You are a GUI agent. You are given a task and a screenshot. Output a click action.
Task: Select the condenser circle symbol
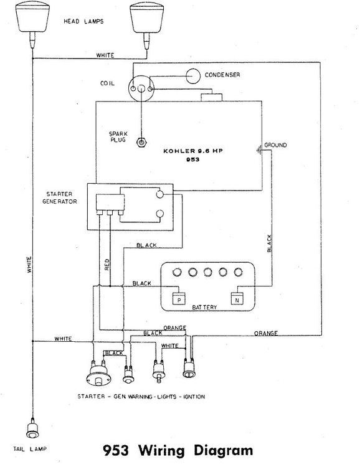tap(195, 75)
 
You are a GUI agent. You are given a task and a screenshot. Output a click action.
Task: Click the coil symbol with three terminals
tap(143, 88)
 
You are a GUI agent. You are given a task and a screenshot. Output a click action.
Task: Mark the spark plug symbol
tap(143, 142)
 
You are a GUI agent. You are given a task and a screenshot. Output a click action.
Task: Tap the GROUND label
tap(275, 145)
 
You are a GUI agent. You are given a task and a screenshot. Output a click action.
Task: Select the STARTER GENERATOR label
tap(60, 198)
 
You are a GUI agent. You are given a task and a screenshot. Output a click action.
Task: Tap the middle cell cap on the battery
tap(207, 271)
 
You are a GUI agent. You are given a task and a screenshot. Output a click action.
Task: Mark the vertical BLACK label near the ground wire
tap(269, 243)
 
